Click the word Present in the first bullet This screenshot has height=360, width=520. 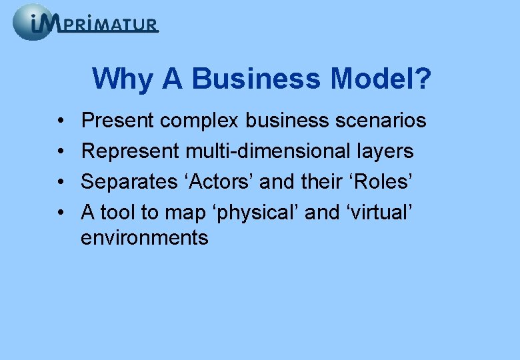(x=117, y=121)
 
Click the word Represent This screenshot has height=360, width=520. (x=130, y=151)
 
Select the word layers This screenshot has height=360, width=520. (x=388, y=151)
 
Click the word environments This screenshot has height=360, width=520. (x=145, y=237)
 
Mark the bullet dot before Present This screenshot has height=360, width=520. (x=60, y=121)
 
